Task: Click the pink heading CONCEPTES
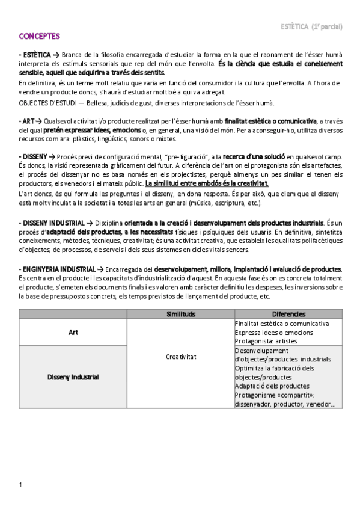[39, 36]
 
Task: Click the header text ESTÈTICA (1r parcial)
[320, 26]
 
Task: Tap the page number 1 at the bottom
[20, 484]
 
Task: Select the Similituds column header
[180, 314]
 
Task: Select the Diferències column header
[288, 314]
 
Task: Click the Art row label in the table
[73, 332]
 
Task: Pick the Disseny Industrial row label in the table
[73, 377]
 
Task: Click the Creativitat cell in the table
[180, 357]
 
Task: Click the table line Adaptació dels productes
[272, 386]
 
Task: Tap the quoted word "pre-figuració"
[186, 156]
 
